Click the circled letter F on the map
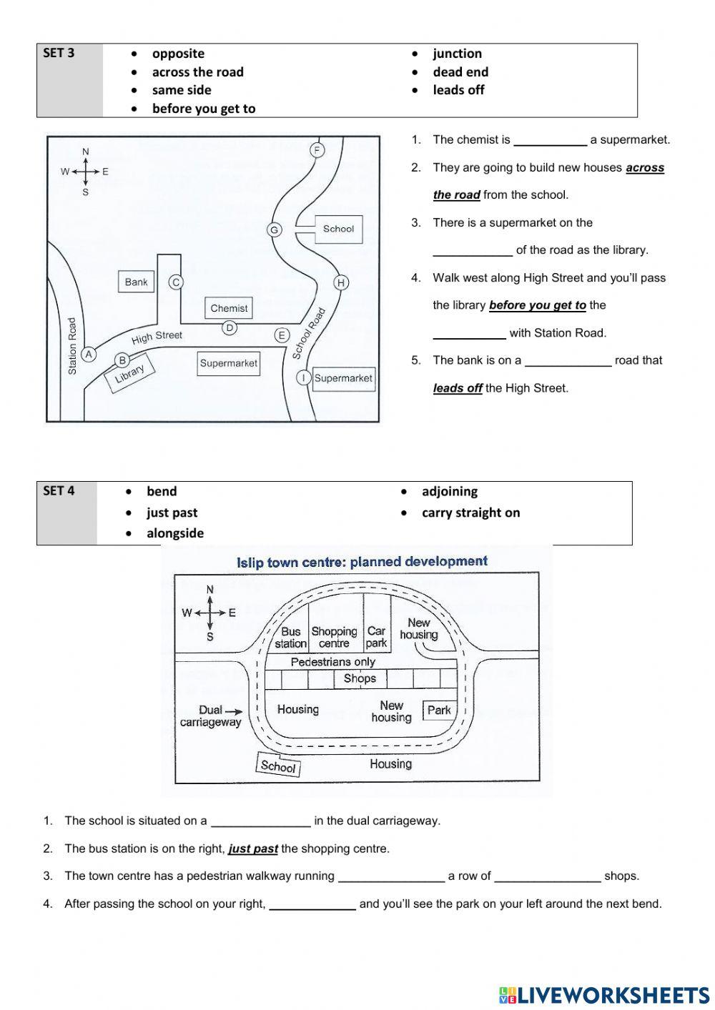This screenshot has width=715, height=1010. (x=317, y=150)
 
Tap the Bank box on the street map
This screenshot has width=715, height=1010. (x=136, y=282)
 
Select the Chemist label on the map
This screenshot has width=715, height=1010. (x=229, y=308)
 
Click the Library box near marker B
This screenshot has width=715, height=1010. (x=129, y=373)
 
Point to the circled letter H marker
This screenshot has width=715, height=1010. (x=341, y=282)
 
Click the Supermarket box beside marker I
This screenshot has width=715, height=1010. (x=343, y=378)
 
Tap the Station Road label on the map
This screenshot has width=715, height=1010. (x=72, y=346)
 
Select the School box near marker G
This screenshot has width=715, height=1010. (x=338, y=229)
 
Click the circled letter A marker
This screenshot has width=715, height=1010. (x=89, y=354)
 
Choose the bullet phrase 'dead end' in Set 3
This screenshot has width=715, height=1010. (x=460, y=71)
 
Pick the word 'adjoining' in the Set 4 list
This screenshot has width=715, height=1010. (x=449, y=491)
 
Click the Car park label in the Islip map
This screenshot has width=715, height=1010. (x=376, y=637)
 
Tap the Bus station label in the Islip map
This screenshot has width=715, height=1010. (x=290, y=638)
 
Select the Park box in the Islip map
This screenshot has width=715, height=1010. (x=439, y=710)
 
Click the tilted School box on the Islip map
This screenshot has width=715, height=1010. (x=278, y=766)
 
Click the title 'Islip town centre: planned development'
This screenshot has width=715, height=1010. (x=362, y=562)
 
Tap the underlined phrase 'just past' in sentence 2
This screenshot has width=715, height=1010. (x=253, y=849)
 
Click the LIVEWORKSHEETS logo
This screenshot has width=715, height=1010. (x=605, y=994)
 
